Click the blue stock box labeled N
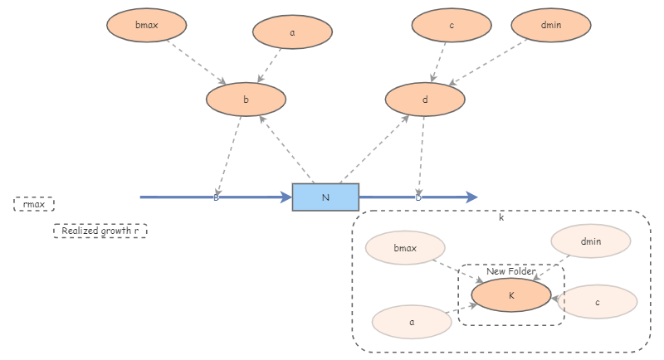click(x=325, y=197)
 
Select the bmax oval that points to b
click(x=146, y=25)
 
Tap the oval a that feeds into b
click(x=292, y=32)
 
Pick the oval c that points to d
click(x=452, y=25)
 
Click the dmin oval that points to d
click(x=551, y=25)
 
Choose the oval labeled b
click(x=246, y=100)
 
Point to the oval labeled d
click(x=425, y=100)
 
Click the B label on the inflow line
click(x=216, y=197)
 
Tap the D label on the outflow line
click(x=418, y=197)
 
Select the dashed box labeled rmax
click(x=34, y=204)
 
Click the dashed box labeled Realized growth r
click(x=100, y=231)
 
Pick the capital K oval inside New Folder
click(x=511, y=294)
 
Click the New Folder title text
click(x=510, y=271)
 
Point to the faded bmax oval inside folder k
click(x=405, y=248)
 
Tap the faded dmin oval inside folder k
click(x=590, y=241)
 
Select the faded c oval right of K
click(x=597, y=302)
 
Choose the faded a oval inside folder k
click(x=412, y=322)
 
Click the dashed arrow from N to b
click(x=286, y=149)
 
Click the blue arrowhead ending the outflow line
click(x=472, y=197)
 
